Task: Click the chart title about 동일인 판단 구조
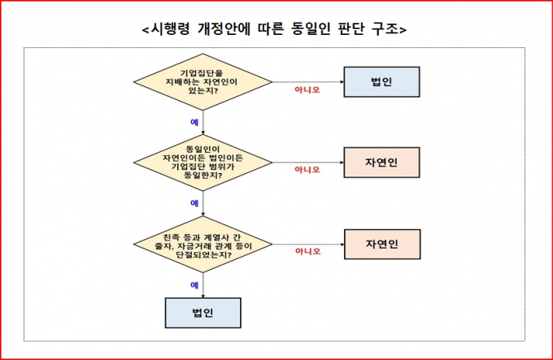click(x=274, y=29)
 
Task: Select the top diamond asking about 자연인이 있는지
click(x=202, y=82)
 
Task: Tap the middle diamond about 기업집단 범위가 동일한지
click(x=202, y=163)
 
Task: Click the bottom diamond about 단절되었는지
click(x=202, y=244)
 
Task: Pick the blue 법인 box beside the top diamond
click(x=381, y=82)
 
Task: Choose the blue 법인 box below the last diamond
click(x=202, y=313)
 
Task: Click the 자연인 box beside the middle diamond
click(x=381, y=163)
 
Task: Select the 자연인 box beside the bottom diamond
click(x=382, y=244)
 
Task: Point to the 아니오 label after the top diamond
click(x=307, y=90)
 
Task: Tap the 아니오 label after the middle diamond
click(x=307, y=170)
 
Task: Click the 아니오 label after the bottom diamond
click(x=308, y=251)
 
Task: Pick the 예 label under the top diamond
click(x=194, y=122)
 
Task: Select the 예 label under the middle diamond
click(x=194, y=203)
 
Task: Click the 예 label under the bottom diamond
click(x=194, y=285)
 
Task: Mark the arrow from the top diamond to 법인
click(x=308, y=82)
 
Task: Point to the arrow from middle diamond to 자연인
click(x=308, y=163)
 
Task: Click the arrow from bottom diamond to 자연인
click(x=308, y=244)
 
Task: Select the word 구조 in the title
click(x=385, y=29)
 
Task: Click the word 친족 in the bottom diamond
click(x=172, y=237)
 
